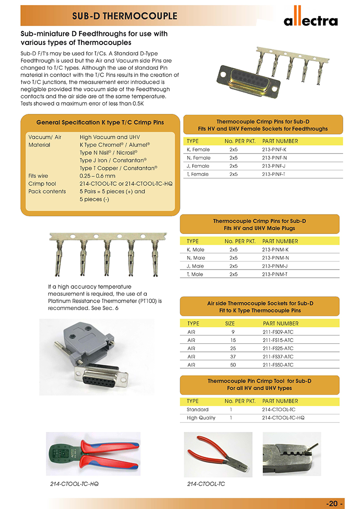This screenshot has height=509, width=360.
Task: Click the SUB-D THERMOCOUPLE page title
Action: [125, 17]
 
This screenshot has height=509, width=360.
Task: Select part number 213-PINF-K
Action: [274, 149]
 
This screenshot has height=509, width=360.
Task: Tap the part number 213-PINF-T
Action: [274, 174]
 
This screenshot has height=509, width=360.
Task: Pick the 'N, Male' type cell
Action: [196, 258]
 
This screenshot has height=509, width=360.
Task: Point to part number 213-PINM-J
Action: [275, 266]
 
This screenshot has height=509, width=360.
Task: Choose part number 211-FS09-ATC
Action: [278, 332]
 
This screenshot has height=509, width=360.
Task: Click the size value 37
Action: [233, 356]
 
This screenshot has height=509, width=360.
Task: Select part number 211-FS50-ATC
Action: [278, 365]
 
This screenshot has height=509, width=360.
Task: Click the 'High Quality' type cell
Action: [201, 418]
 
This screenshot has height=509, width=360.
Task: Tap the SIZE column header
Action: [230, 324]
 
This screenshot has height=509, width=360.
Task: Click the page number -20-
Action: [335, 503]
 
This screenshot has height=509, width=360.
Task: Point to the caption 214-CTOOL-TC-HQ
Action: [74, 484]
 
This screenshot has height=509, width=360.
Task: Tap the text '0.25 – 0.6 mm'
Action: [97, 176]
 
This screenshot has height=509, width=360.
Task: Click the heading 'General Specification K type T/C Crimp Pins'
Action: [100, 122]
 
